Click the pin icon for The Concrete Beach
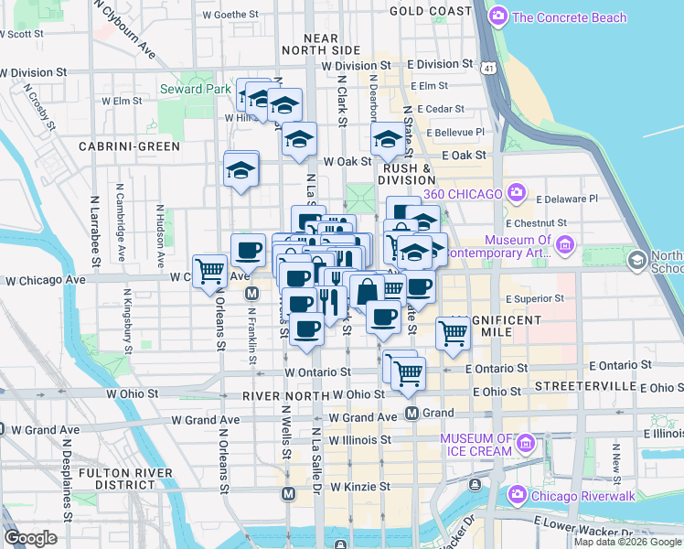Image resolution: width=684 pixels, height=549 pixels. (x=498, y=16)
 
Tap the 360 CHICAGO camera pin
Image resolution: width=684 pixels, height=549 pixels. (x=517, y=193)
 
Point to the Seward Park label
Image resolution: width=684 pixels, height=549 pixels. (x=195, y=89)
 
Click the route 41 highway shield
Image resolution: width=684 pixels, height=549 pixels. (x=492, y=69)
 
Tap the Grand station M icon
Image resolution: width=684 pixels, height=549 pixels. (x=412, y=413)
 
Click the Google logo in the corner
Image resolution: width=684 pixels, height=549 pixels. (x=31, y=538)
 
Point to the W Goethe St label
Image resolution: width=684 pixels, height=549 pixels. (x=230, y=16)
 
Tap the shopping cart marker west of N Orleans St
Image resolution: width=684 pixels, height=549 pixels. (x=210, y=271)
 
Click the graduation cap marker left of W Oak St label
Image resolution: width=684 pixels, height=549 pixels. (x=298, y=139)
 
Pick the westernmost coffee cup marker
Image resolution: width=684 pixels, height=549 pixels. (x=247, y=251)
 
